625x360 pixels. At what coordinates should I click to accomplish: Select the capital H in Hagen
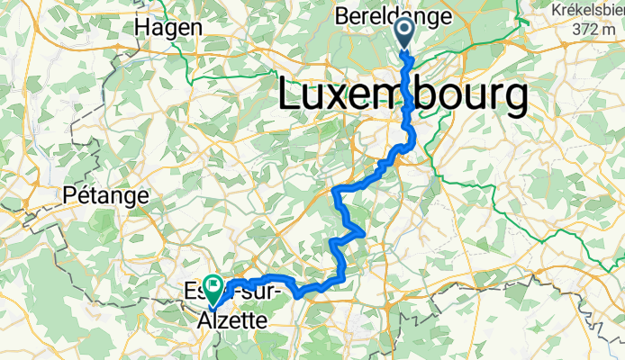(142, 27)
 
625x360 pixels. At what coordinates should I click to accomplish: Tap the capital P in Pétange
(70, 194)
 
